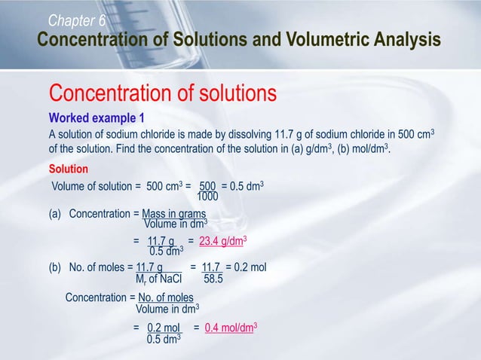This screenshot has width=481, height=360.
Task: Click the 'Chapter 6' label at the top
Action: (77, 20)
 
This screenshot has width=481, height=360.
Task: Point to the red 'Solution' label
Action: (69, 169)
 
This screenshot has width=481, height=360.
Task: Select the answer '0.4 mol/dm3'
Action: (231, 328)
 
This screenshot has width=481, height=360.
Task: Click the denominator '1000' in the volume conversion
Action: (207, 197)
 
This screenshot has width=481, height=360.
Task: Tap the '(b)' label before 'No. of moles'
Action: (55, 268)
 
